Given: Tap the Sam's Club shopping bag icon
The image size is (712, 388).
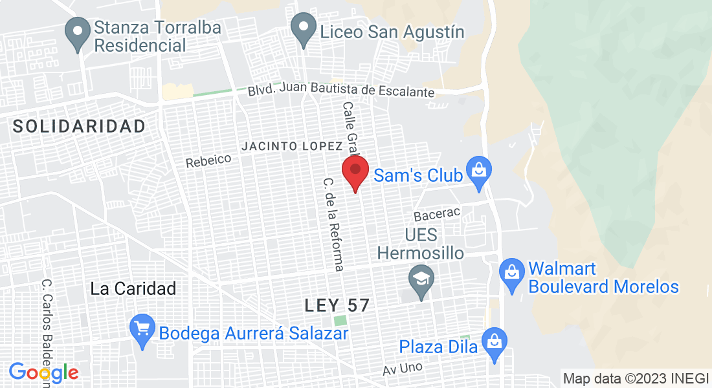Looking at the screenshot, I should click(479, 172).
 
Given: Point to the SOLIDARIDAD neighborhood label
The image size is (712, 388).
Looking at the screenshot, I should click(80, 126).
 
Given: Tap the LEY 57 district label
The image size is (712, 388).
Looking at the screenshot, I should click(337, 305).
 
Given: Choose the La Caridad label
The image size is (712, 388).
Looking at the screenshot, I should click(133, 288).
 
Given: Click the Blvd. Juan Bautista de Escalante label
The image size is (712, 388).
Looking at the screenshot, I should click(341, 91).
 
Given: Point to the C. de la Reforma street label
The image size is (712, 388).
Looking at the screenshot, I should click(333, 224).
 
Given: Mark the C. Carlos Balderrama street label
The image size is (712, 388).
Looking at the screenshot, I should click(46, 333).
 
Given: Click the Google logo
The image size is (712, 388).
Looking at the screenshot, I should click(43, 373).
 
